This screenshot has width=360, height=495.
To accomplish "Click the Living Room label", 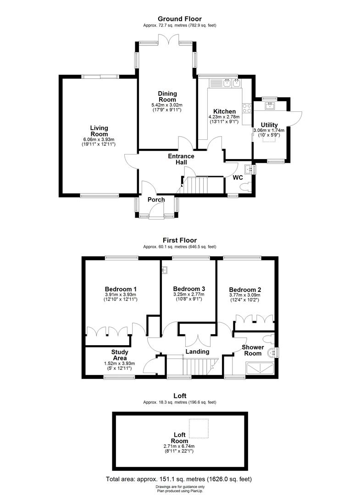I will click(x=99, y=131).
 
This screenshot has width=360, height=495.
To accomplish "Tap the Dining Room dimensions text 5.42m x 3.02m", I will click(x=167, y=105).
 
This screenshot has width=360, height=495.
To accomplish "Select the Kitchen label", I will click(x=224, y=111).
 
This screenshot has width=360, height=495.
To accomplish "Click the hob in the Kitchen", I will click(x=247, y=108).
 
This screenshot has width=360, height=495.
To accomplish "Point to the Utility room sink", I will click(x=270, y=106).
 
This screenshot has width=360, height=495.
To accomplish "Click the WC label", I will click(x=238, y=177).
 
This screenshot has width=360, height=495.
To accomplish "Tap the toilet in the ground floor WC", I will click(x=248, y=187).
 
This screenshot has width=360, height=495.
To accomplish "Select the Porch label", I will click(x=156, y=199).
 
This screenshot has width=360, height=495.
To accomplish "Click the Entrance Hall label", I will click(x=181, y=159).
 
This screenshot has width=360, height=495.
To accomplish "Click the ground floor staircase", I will click(x=195, y=185).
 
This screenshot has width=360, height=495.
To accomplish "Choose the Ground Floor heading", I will click(x=179, y=19).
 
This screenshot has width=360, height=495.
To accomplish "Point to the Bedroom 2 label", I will click(x=245, y=290).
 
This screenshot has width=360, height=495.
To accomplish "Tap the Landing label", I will click(x=197, y=352).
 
